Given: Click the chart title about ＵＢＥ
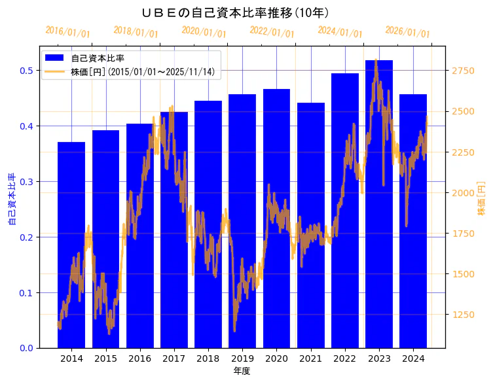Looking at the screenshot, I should (x=235, y=12).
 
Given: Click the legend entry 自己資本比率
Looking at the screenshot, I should (x=98, y=58).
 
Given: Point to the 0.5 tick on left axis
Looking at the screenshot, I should (x=26, y=71).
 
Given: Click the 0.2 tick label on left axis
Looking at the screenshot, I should (x=26, y=237).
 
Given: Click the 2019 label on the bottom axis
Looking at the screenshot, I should (x=242, y=358).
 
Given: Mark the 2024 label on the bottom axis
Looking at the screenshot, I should (x=413, y=358).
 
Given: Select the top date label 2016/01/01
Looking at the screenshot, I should (x=68, y=32).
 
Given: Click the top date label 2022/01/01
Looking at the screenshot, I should (x=272, y=32).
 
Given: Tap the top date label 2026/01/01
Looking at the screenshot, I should (x=407, y=32).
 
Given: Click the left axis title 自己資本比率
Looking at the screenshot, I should (x=11, y=200).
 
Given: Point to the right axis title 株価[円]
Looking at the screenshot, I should (x=481, y=200).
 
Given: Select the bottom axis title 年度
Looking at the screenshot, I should (x=242, y=371).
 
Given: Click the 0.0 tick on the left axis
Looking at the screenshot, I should (x=26, y=348).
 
